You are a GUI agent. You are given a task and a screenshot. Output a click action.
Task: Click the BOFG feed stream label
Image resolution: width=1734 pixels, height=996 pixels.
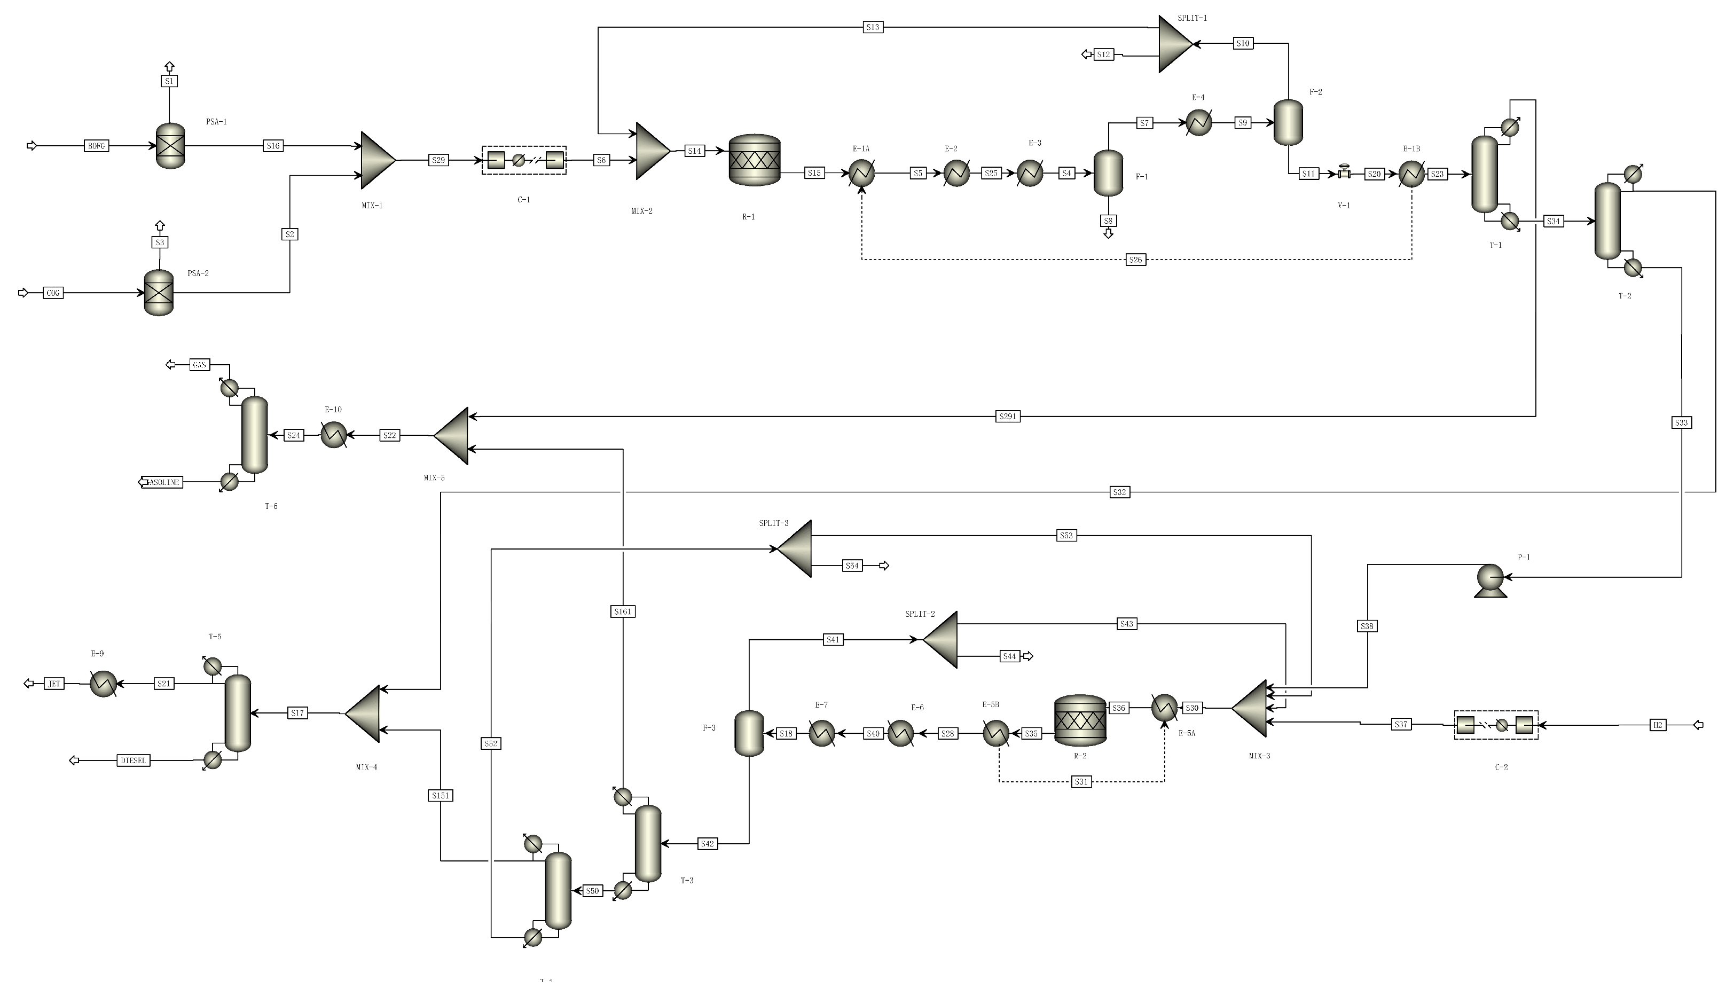coord(97,146)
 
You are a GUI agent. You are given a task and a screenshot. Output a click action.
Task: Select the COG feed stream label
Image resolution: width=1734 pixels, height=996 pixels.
coord(53,293)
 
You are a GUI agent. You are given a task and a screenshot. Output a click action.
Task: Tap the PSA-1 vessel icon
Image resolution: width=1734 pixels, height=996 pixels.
coord(170,146)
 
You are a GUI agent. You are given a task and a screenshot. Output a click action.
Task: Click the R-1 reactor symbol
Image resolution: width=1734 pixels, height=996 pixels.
coord(755,160)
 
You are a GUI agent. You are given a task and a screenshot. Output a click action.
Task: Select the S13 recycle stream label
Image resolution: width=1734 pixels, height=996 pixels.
coord(872,27)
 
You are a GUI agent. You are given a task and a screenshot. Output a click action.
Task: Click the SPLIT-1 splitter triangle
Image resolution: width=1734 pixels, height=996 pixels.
coord(1174,44)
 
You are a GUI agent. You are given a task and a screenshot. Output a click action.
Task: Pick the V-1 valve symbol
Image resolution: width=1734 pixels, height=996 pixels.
coord(1344,173)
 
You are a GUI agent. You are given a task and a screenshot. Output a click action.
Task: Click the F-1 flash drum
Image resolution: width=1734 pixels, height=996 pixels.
coord(1108,173)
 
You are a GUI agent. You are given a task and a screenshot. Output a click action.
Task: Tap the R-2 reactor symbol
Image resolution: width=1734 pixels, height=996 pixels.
coord(1080,720)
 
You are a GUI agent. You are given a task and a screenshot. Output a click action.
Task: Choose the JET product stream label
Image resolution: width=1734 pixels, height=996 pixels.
coord(54,684)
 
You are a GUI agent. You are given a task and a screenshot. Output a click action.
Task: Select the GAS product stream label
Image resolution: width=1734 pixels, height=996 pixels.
coord(199,365)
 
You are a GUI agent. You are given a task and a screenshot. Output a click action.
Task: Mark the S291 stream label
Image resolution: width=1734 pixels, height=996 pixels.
coord(1008,417)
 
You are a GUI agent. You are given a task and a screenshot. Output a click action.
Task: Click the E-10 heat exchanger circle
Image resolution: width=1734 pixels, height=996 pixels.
coord(334,435)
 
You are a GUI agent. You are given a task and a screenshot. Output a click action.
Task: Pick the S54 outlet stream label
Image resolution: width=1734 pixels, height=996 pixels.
coord(852,566)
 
